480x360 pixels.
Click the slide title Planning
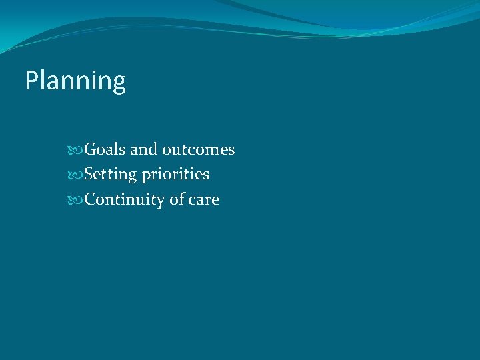75,81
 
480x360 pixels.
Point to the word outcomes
198,149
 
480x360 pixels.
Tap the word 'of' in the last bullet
176,199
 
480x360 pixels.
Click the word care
204,199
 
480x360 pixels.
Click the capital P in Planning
31,81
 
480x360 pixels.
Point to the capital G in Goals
91,149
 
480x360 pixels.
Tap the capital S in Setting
90,175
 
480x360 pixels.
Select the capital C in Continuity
91,199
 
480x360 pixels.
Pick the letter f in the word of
180,199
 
